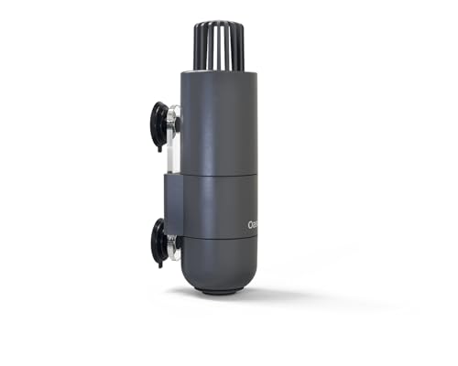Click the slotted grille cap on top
point(217,46)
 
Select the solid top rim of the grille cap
point(217,25)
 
